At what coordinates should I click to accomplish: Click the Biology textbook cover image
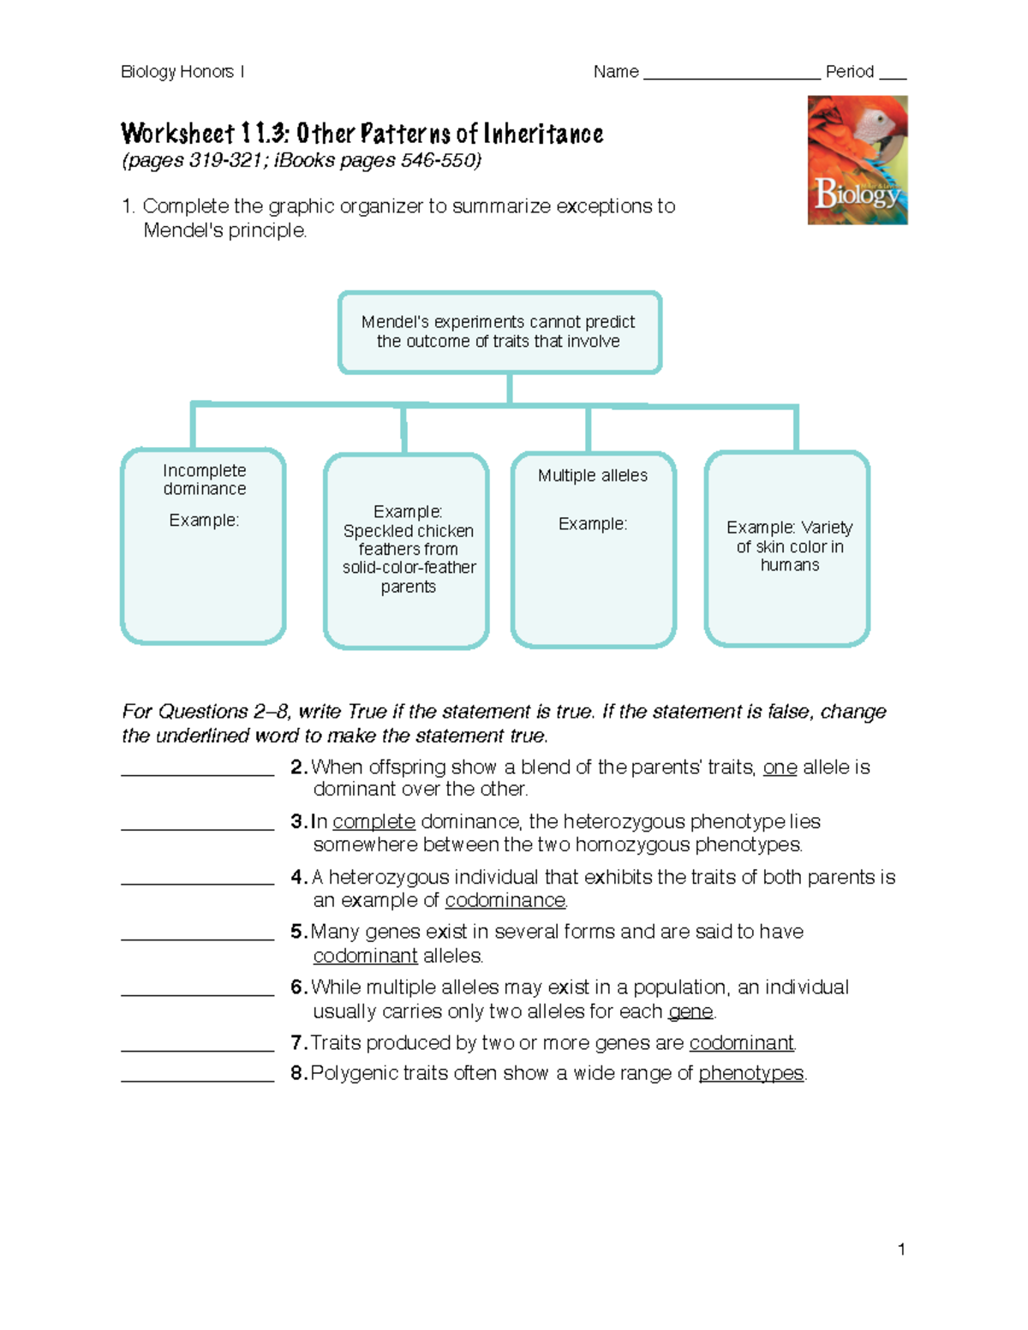pos(857,160)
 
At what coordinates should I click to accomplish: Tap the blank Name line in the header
pos(731,74)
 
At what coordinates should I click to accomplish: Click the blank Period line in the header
pos(893,74)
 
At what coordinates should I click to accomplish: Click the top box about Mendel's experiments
pos(499,331)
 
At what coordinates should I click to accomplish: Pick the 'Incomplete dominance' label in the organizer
pos(204,480)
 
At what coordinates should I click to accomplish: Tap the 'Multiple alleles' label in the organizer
pos(592,475)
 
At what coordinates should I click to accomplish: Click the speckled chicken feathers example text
pos(408,549)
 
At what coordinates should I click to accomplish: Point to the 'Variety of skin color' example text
pos(789,546)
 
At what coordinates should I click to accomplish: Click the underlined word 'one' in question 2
pos(780,767)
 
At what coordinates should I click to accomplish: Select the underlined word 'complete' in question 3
pos(374,822)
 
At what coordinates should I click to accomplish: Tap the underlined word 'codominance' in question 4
pos(505,901)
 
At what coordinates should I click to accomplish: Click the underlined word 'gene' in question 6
pos(690,1011)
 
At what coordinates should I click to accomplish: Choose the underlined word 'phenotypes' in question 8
pos(750,1073)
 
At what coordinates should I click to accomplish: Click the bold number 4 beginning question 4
pos(297,877)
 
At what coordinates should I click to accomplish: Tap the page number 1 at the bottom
pos(901,1249)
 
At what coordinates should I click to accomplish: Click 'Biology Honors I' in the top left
pos(182,72)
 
